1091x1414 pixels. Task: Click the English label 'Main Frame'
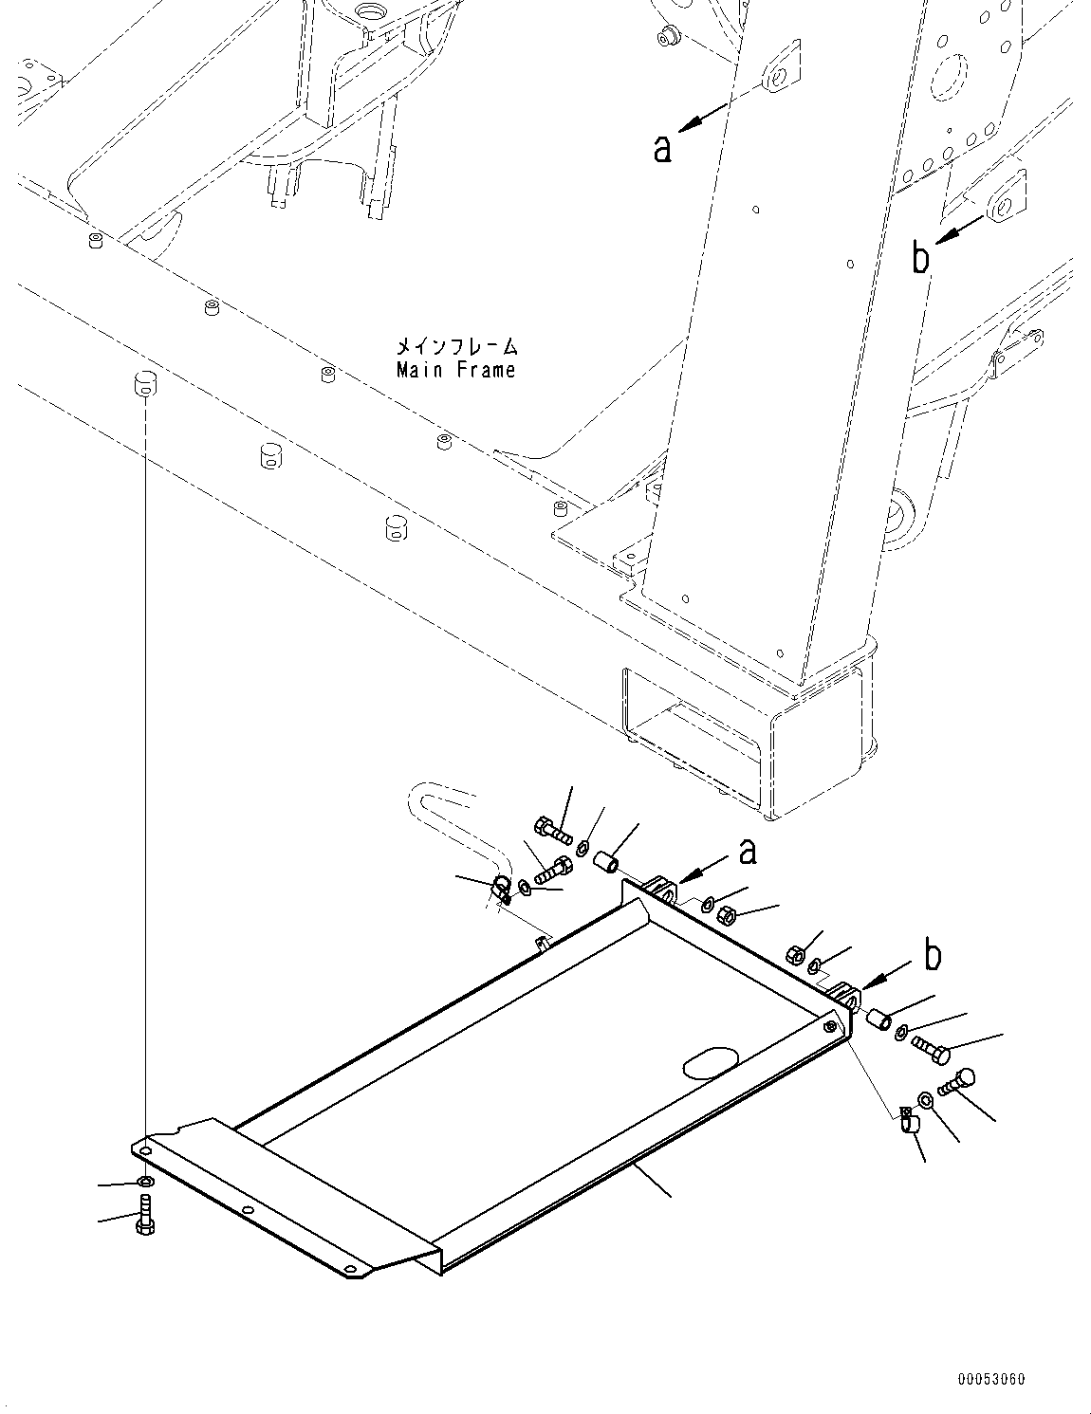(x=456, y=370)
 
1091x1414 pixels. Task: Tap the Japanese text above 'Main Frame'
(x=457, y=347)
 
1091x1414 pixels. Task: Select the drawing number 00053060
(x=989, y=1380)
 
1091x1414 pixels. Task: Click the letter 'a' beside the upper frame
(x=663, y=149)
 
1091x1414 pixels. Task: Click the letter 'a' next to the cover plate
(x=748, y=853)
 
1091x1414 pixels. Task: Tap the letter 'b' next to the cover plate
(x=934, y=956)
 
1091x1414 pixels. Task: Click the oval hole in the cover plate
(x=711, y=1062)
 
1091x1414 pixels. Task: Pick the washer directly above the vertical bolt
(x=143, y=1183)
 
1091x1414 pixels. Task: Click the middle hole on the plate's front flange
(x=247, y=1210)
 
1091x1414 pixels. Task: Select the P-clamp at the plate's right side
(x=907, y=1122)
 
